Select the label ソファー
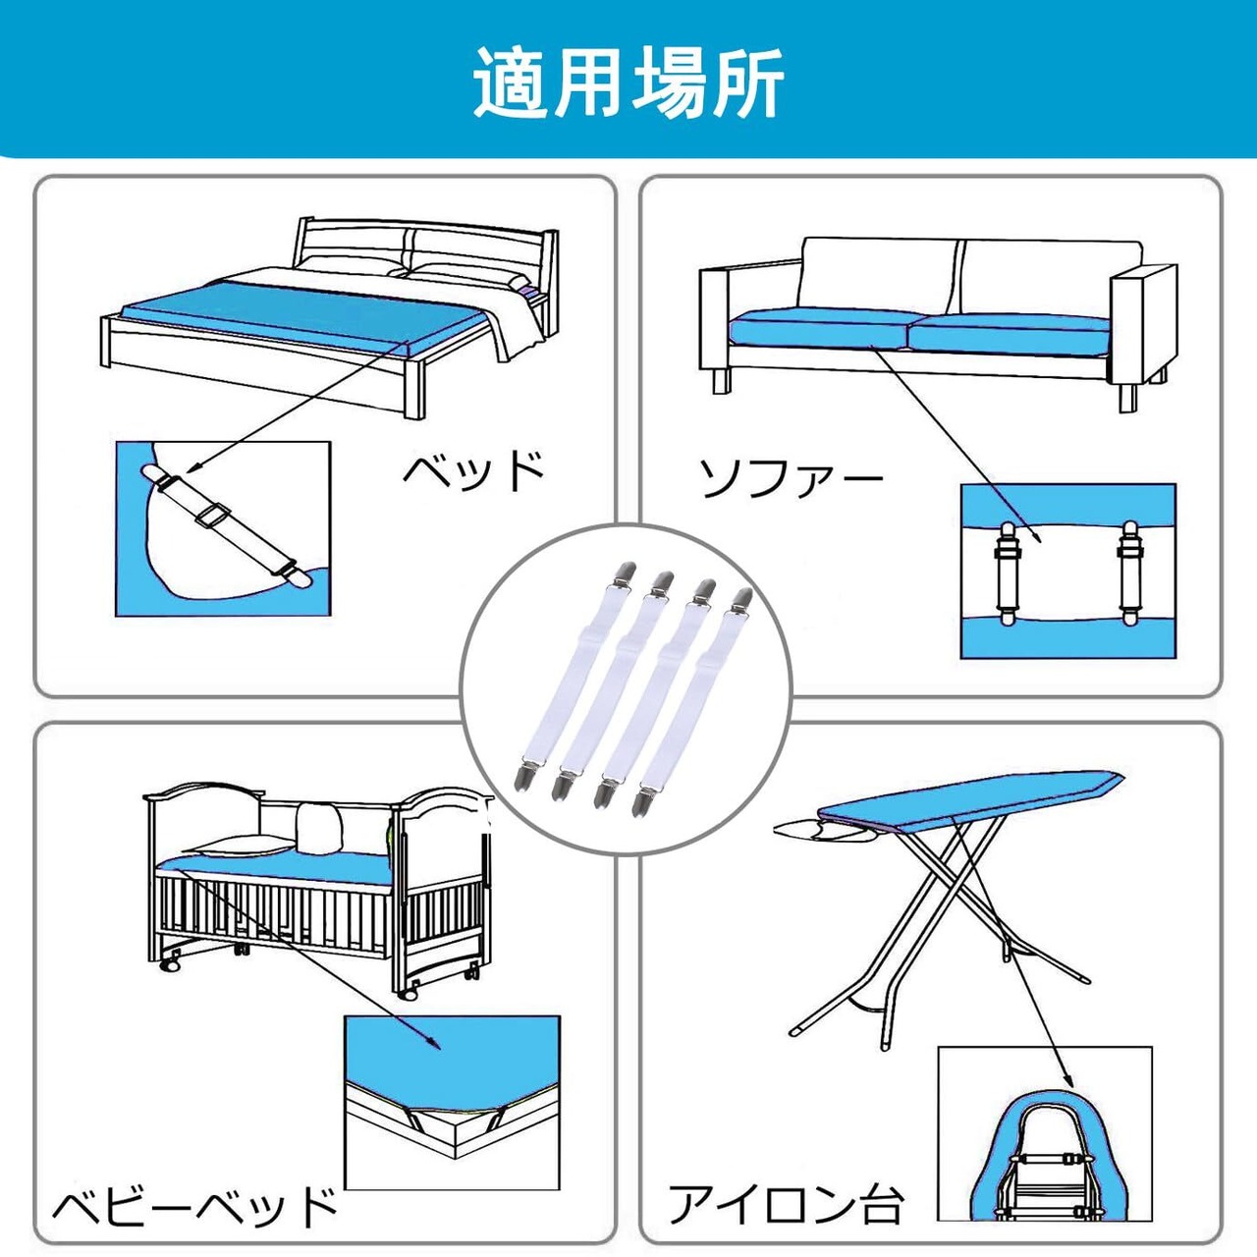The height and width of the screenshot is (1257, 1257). [x=791, y=479]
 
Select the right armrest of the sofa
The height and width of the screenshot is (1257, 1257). [x=1142, y=326]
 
